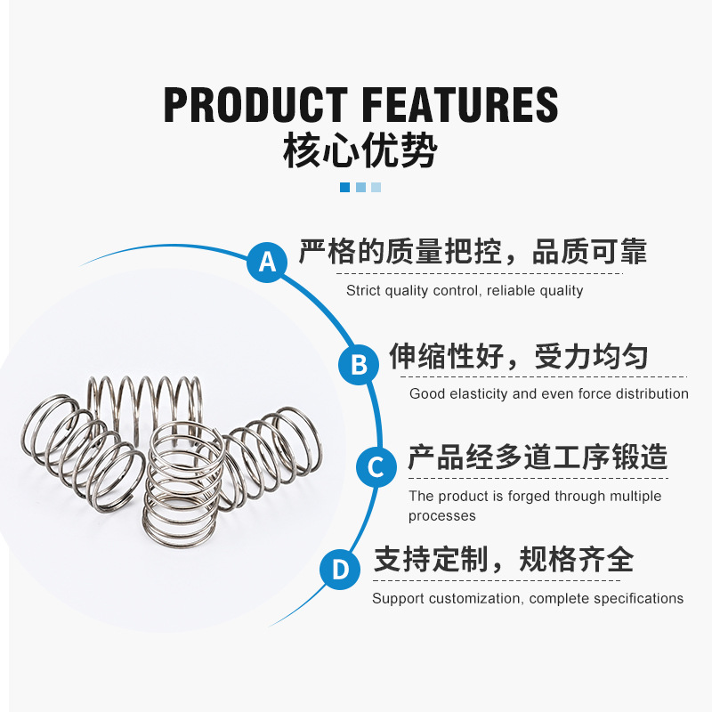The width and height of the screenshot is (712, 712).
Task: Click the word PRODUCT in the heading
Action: [255, 105]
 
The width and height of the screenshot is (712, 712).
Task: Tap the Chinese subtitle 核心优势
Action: [360, 150]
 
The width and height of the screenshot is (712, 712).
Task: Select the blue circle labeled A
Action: [268, 262]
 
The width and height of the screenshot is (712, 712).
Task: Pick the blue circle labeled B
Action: [359, 365]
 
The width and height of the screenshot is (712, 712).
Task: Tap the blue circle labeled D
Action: [341, 569]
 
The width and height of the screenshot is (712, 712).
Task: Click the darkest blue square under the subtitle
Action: [344, 187]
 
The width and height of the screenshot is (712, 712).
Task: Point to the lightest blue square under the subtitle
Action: [376, 187]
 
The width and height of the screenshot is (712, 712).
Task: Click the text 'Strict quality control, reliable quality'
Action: [465, 291]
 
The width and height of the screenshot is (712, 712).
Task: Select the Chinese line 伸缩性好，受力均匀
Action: [518, 357]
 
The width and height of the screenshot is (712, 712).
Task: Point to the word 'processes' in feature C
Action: [442, 516]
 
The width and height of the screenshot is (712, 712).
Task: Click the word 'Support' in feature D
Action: [398, 598]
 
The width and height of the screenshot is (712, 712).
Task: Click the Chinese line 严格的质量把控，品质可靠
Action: [473, 253]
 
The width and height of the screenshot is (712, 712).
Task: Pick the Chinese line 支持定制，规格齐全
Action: [503, 560]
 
